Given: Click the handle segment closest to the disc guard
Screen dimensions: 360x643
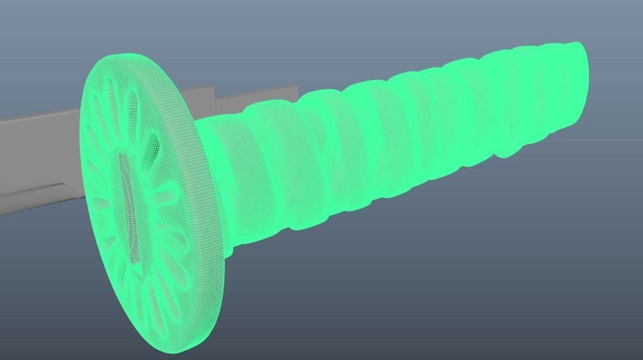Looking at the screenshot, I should pyautogui.click(x=228, y=179).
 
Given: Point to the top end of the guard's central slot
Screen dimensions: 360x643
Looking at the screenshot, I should pyautogui.click(x=123, y=157).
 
